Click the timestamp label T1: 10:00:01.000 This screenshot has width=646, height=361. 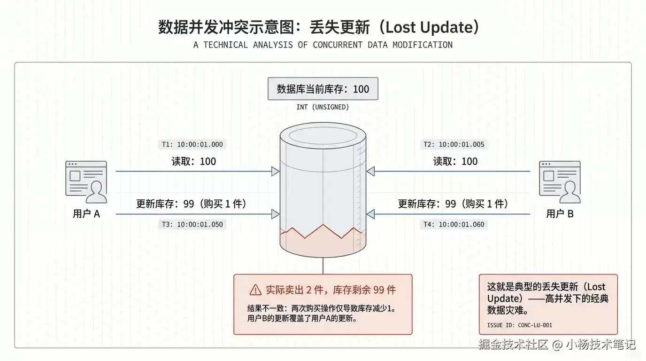[192, 144]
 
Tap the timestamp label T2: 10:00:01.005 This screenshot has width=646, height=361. [454, 144]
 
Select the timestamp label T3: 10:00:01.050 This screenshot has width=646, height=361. [192, 224]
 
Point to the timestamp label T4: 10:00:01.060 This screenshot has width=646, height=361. [454, 224]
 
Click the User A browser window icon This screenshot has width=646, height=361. [86, 182]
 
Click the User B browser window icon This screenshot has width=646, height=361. [560, 182]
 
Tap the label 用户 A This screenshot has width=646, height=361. [86, 214]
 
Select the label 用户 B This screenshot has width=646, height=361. [560, 214]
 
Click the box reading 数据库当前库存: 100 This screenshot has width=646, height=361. [323, 89]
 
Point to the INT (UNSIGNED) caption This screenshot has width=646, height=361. [323, 107]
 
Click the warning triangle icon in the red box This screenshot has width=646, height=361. [255, 290]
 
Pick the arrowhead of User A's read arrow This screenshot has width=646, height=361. [276, 171]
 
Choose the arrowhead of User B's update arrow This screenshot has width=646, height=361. [370, 214]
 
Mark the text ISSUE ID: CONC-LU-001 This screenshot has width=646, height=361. [520, 325]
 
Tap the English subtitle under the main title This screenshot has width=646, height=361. [323, 45]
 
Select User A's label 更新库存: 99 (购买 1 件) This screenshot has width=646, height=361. [191, 204]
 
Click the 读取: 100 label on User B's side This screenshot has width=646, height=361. [455, 161]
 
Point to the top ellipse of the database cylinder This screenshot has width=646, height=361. [323, 136]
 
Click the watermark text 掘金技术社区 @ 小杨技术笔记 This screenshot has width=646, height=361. [557, 344]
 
